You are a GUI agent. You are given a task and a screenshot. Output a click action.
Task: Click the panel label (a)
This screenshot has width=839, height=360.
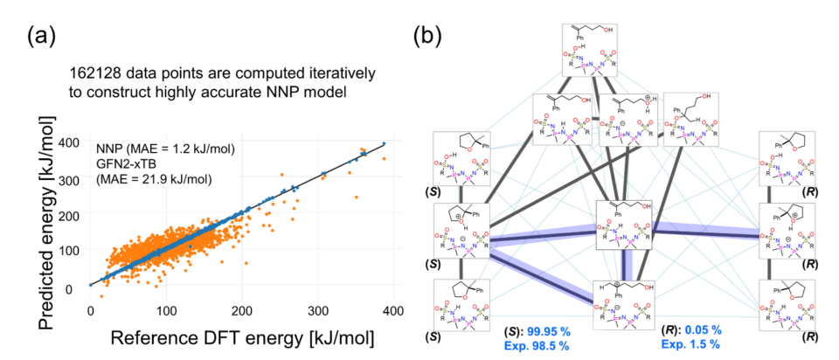[45, 36]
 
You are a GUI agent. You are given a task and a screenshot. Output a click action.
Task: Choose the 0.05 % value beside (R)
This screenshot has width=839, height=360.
[706, 330]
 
